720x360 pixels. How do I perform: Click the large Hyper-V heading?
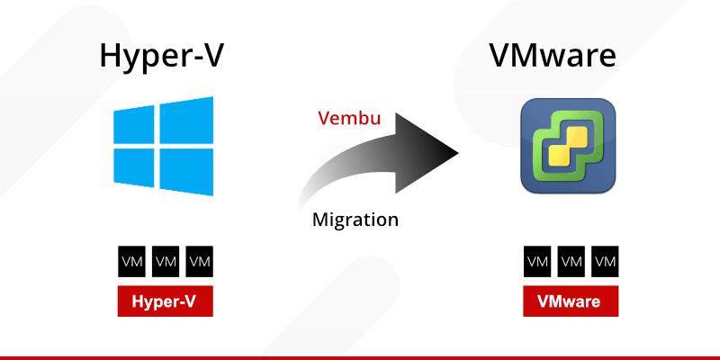coord(163,56)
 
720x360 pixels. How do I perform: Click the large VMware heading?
coord(565,56)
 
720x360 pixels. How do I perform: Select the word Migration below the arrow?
coord(355,219)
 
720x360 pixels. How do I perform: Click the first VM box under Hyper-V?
coord(132,262)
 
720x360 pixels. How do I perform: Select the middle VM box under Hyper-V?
coord(166,262)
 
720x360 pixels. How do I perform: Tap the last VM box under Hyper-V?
coord(199,262)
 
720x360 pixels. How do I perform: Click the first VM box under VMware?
coord(538,262)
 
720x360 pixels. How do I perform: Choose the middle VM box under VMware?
coord(571,262)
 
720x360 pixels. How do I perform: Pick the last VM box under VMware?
coord(605,262)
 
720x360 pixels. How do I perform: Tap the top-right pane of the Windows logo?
coord(184,120)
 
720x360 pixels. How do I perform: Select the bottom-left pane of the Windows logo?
coord(132,166)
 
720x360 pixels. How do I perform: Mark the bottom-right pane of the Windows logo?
coord(184,171)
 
